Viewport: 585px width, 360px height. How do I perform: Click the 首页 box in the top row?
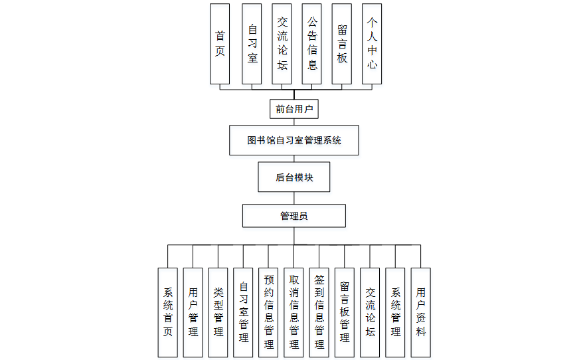pyautogui.click(x=220, y=44)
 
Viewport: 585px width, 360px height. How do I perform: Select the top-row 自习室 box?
pyautogui.click(x=252, y=44)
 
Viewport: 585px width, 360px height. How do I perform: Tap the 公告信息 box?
pyautogui.click(x=312, y=44)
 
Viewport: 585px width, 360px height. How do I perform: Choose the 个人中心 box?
pyautogui.click(x=372, y=44)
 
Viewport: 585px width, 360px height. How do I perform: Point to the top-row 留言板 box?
pyautogui.click(x=341, y=44)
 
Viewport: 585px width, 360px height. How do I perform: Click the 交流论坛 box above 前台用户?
pyautogui.click(x=282, y=44)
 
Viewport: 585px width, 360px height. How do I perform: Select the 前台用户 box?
pyautogui.click(x=294, y=108)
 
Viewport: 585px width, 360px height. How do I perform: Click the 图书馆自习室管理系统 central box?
pyautogui.click(x=294, y=140)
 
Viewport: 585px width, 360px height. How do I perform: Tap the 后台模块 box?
pyautogui.click(x=294, y=177)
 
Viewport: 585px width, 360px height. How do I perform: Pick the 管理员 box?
pyautogui.click(x=294, y=216)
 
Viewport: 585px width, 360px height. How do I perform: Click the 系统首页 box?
pyautogui.click(x=168, y=312)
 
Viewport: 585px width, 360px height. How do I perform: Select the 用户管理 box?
pyautogui.click(x=193, y=312)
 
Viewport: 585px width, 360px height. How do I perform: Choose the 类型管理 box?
pyautogui.click(x=218, y=312)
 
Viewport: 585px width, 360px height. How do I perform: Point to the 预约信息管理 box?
pyautogui.click(x=269, y=312)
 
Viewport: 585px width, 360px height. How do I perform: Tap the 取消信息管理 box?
pyautogui.click(x=294, y=312)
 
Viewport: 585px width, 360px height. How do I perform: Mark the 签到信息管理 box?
pyautogui.click(x=319, y=312)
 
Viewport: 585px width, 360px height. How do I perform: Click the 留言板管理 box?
pyautogui.click(x=345, y=312)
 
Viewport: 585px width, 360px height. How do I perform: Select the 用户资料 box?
pyautogui.click(x=420, y=312)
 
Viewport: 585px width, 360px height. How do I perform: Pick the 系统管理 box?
pyautogui.click(x=395, y=312)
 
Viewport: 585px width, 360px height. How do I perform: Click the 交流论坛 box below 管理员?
pyautogui.click(x=370, y=312)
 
